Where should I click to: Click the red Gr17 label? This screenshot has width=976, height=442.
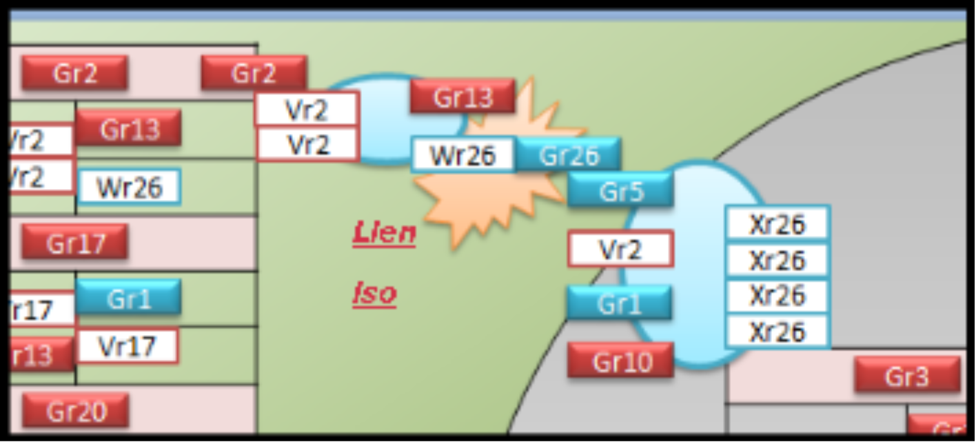[x=74, y=242]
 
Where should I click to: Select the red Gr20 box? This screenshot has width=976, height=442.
[x=75, y=411]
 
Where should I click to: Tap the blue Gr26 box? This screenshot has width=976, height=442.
[x=569, y=155]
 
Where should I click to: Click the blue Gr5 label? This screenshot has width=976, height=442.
[x=620, y=190]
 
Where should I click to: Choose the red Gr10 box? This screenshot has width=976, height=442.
[x=620, y=361]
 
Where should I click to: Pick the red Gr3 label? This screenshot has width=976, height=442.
[x=907, y=376]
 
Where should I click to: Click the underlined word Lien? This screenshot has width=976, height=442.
[x=384, y=233]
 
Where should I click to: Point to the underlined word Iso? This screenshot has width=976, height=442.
[x=374, y=293]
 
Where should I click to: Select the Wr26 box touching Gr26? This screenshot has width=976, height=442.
[x=463, y=155]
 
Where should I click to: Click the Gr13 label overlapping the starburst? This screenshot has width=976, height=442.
[x=462, y=97]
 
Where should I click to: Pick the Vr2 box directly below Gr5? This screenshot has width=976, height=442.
[x=620, y=249]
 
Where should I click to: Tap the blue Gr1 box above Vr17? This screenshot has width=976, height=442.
[x=128, y=298]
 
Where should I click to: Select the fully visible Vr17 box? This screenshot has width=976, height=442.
[x=128, y=345]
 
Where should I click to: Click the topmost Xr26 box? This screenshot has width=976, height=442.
[x=777, y=223]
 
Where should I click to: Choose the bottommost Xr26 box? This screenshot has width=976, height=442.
[x=777, y=331]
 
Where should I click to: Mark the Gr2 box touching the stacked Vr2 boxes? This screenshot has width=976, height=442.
[x=254, y=72]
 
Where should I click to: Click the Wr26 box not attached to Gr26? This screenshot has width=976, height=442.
[x=130, y=186]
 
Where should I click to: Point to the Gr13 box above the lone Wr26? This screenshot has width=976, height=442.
[x=129, y=128]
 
